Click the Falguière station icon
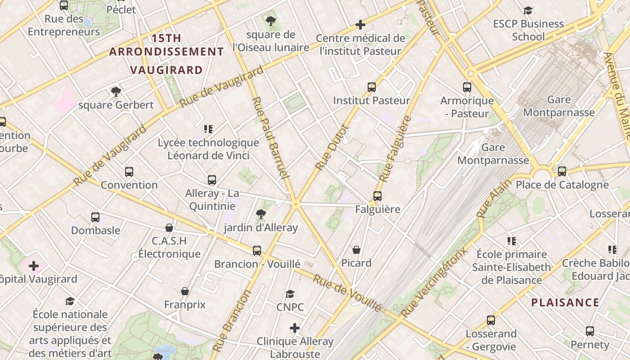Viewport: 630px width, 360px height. pos(377,196)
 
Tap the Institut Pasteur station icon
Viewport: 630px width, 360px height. pos(372,87)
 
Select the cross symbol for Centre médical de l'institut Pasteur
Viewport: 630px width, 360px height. pos(360,25)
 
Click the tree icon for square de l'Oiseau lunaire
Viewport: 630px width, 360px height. pos(270,21)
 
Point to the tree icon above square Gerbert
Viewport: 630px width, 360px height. pos(116,92)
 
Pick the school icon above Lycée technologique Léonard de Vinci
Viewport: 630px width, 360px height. pos(208,130)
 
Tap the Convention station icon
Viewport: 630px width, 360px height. pos(129,172)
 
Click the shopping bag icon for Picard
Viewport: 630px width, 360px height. pos(356,250)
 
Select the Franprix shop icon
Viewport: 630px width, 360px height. pos(184,292)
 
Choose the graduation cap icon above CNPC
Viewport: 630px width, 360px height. pos(290,294)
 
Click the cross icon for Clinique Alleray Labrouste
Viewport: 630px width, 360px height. pos(295,328)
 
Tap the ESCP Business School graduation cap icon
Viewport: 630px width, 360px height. pos(528,10)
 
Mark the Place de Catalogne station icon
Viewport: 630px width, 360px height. pos(562,171)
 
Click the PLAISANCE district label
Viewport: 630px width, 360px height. pos(565,302)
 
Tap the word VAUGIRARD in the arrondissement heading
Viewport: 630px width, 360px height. pos(167,70)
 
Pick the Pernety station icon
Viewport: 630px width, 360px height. pos(590,332)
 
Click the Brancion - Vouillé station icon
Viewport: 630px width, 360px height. pos(257,251)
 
